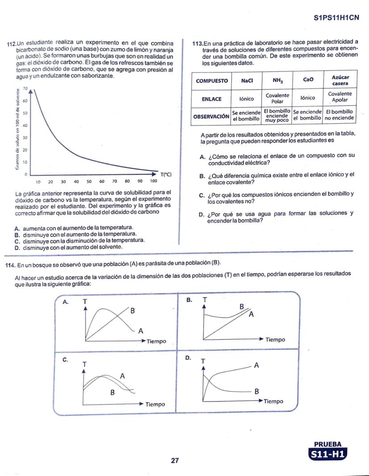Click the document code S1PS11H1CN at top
pos(336,18)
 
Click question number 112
pos(11,44)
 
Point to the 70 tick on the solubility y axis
pos(25,88)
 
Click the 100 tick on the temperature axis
pos(153,182)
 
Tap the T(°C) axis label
pos(166,174)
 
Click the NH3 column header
pos(277,81)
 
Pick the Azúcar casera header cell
pos(340,81)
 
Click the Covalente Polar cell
pos(277,98)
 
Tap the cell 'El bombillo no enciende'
pos(340,115)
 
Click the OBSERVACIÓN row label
pos(211,116)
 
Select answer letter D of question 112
pos(17,247)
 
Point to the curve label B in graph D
pos(256,392)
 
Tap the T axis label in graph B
pos(205,300)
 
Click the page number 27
pos(175,461)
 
